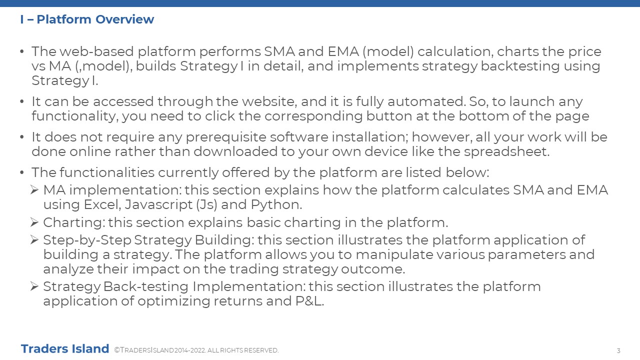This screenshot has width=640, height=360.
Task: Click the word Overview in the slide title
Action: click(x=124, y=19)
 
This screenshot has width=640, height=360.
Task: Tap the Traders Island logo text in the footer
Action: click(x=65, y=349)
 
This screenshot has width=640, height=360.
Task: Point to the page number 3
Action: click(x=618, y=350)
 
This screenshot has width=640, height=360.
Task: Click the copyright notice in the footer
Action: click(x=196, y=350)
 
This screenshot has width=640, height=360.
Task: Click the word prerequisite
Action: click(x=226, y=137)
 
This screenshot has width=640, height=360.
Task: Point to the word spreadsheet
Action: click(x=506, y=151)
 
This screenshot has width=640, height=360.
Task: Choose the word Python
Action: click(x=276, y=205)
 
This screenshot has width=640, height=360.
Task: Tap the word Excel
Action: click(x=102, y=205)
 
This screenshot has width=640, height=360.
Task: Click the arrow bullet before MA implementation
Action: click(x=34, y=190)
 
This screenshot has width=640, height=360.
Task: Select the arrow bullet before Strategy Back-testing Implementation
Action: click(x=34, y=286)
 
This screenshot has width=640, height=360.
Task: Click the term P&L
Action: click(x=309, y=301)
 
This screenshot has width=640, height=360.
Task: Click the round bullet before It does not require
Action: click(x=22, y=137)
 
